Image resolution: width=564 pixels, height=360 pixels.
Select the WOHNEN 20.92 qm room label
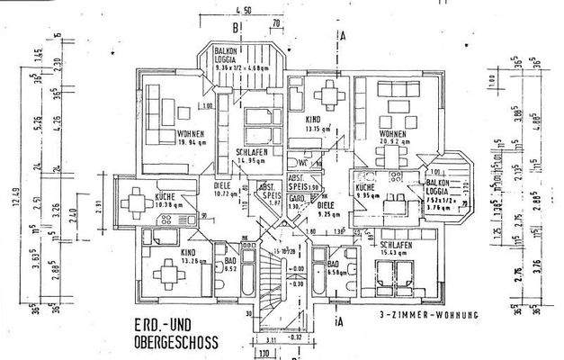(x=395, y=138)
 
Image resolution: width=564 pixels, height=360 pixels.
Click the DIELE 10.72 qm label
(x=225, y=190)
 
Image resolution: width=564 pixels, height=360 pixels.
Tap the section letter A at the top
(x=344, y=38)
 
